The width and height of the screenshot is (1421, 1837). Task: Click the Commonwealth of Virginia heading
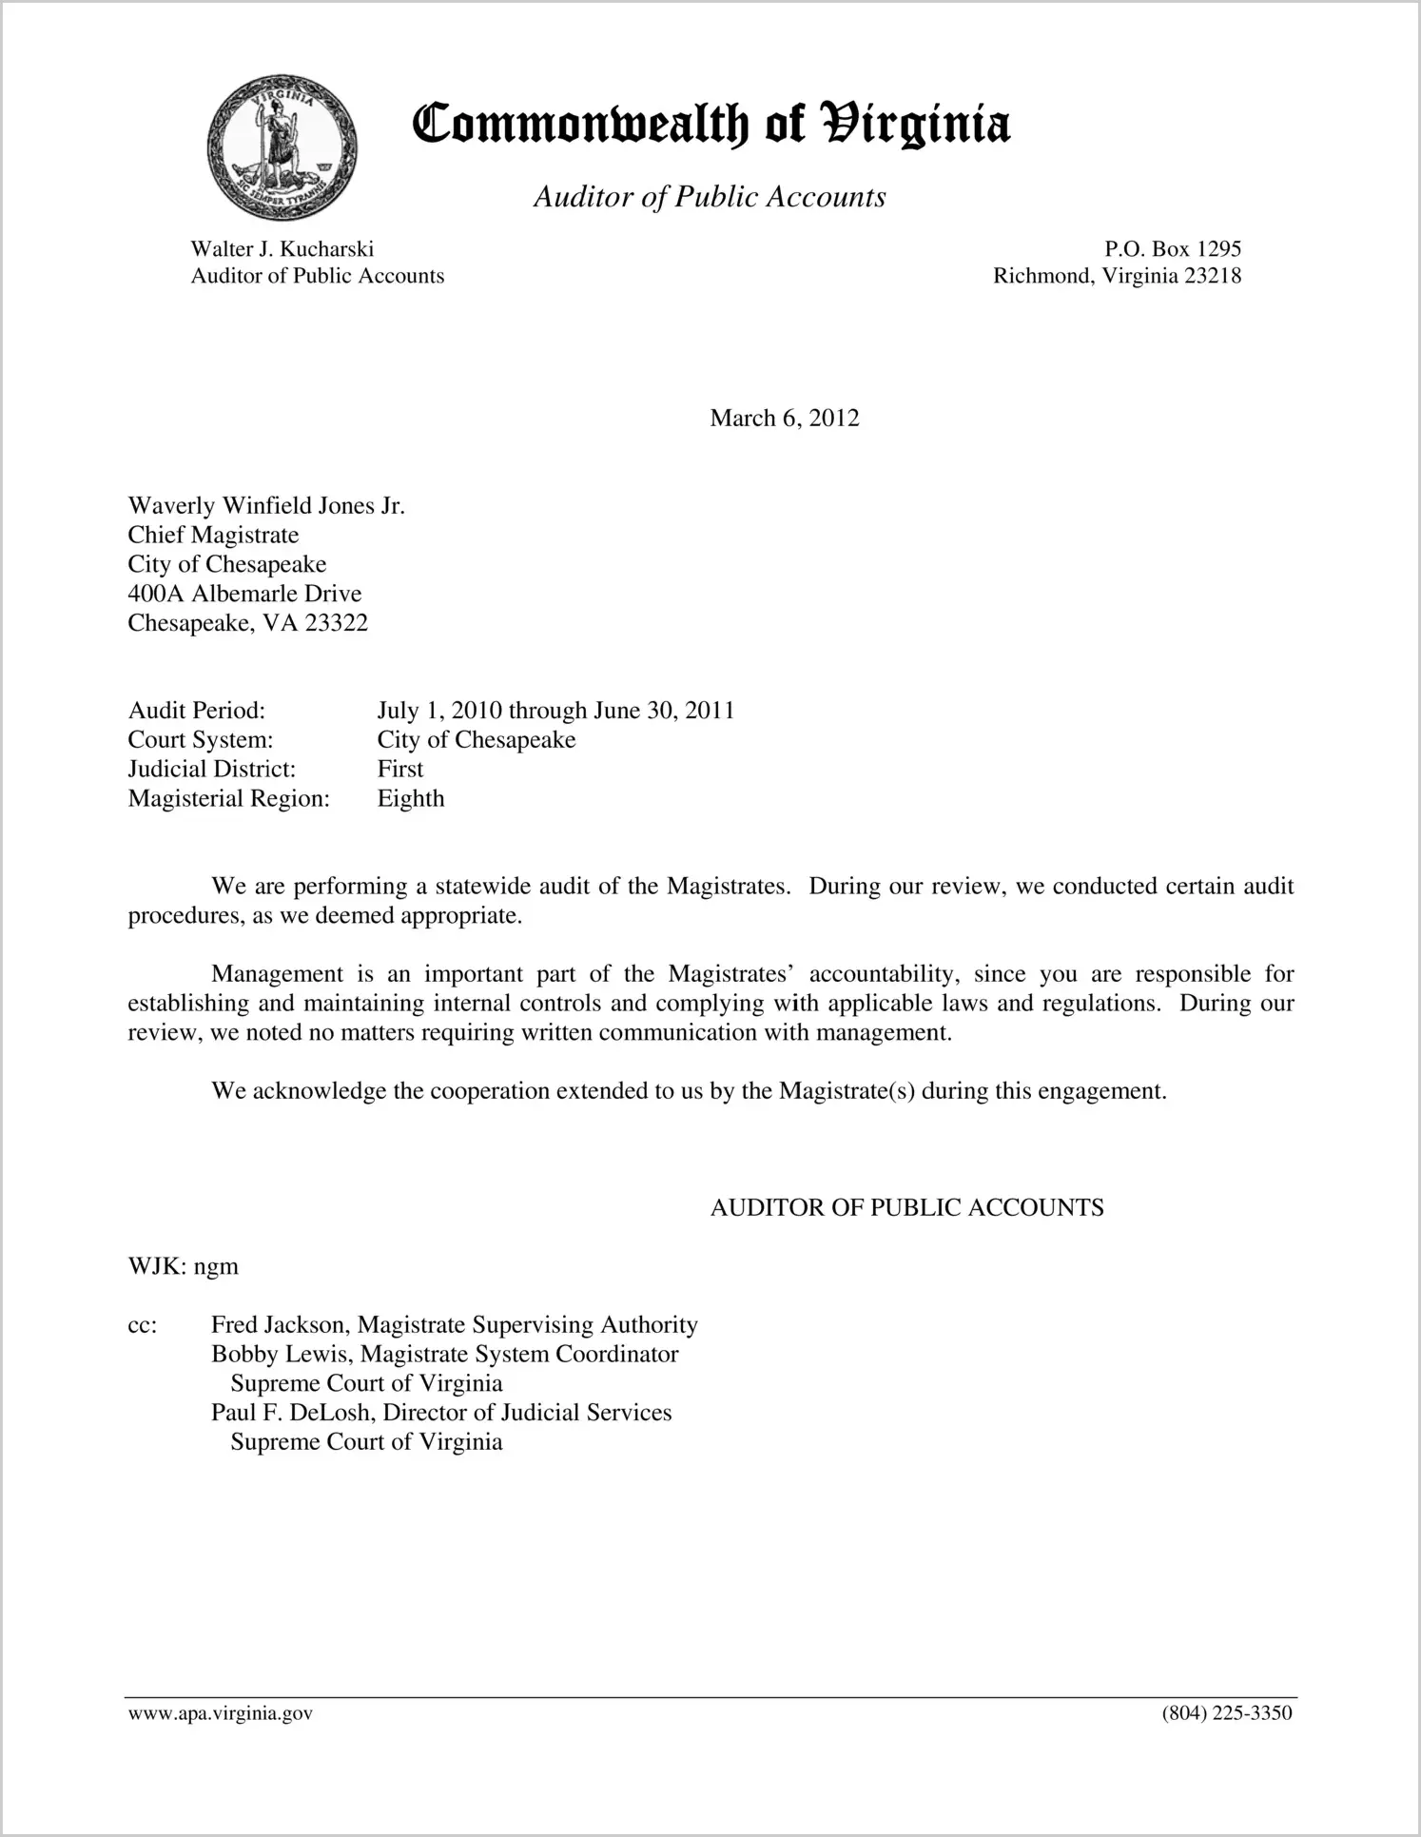[710, 126]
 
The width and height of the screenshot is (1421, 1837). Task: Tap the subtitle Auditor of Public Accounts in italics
[710, 197]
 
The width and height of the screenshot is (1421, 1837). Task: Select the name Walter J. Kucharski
[282, 249]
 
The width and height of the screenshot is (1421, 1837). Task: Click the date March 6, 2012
[784, 419]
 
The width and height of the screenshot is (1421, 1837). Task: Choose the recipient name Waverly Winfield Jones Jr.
[266, 506]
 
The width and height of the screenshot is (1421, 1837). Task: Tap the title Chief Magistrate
[213, 536]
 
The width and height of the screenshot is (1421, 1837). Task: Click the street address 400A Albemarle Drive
[244, 595]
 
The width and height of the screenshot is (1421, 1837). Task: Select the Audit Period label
[196, 711]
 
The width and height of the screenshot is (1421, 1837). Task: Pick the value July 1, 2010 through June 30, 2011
[555, 711]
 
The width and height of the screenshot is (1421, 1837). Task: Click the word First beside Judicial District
[399, 769]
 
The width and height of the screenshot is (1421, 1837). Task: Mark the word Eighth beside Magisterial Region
[410, 798]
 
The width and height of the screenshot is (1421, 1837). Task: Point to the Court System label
[200, 740]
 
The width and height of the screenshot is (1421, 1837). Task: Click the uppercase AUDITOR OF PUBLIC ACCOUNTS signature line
[906, 1208]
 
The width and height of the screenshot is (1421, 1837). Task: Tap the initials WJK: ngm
[183, 1267]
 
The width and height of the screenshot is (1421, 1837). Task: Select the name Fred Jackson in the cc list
[281, 1325]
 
